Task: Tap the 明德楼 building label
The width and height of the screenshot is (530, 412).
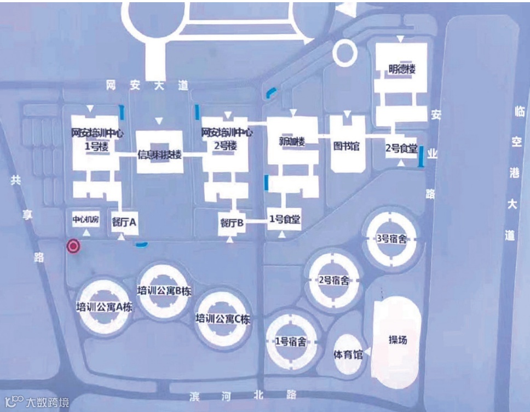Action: pos(402,70)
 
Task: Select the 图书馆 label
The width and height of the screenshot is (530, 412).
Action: pos(346,147)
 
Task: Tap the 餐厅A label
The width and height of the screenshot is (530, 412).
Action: pos(124,222)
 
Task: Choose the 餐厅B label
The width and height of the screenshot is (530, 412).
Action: pos(232,222)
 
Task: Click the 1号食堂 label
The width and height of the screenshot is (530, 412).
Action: pos(285,220)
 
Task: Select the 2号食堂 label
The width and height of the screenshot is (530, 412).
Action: pos(401,148)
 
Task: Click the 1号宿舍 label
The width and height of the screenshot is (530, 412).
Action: pos(290,341)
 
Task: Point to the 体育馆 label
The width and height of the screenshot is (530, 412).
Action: pos(348,354)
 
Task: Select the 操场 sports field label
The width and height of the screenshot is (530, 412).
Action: pos(397,340)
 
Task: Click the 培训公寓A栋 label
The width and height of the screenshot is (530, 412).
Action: pos(105,307)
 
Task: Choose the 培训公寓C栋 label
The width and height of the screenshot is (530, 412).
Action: pos(223,318)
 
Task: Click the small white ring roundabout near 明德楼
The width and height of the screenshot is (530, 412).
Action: pos(346,53)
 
